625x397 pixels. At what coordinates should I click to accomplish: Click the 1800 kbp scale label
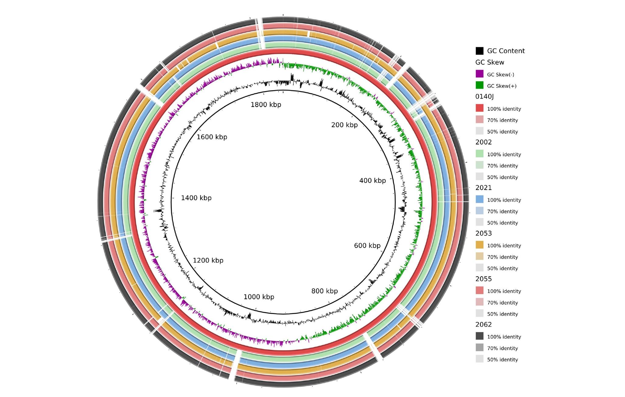click(x=266, y=105)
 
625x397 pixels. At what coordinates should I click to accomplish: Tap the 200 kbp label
click(x=344, y=125)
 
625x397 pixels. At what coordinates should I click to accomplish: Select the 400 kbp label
click(x=372, y=181)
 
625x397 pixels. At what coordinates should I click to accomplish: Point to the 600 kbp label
click(x=367, y=246)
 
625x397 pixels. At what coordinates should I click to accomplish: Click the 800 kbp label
click(x=324, y=291)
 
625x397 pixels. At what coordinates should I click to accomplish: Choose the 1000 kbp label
click(x=259, y=297)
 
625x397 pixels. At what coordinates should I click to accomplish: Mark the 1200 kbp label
click(x=208, y=261)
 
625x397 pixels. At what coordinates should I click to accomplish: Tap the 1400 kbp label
click(x=196, y=198)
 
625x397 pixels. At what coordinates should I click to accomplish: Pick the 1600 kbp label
click(x=212, y=137)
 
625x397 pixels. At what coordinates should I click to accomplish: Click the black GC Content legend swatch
click(x=479, y=51)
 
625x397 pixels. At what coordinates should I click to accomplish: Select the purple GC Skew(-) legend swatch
click(x=479, y=74)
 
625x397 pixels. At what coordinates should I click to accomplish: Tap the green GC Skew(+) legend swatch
click(x=479, y=85)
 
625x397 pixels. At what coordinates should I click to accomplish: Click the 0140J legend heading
click(x=484, y=97)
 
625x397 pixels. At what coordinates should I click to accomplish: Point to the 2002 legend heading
click(x=483, y=142)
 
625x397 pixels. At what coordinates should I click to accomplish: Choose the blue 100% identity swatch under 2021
click(x=479, y=199)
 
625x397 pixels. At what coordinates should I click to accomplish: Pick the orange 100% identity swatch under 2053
click(x=479, y=245)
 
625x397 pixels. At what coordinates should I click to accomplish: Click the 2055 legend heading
click(x=483, y=279)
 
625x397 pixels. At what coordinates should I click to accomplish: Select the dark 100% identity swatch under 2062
click(x=479, y=336)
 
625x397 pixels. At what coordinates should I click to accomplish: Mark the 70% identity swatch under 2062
click(x=479, y=347)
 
